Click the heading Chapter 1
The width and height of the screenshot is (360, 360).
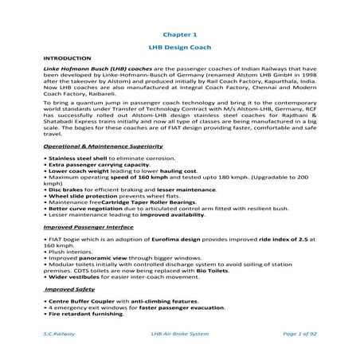pyautogui.click(x=178, y=35)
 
